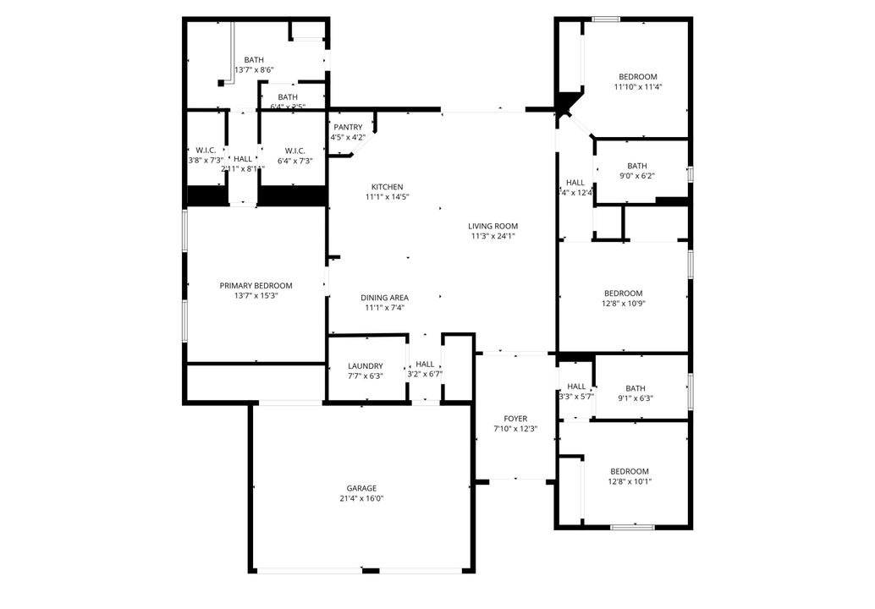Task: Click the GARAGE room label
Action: (x=361, y=488)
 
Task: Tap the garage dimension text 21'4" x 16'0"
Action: (x=361, y=499)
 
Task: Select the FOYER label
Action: (x=515, y=419)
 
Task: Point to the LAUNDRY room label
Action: (x=365, y=366)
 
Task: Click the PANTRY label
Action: (x=348, y=127)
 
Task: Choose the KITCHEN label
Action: (x=387, y=187)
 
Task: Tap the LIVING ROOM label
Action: (x=493, y=226)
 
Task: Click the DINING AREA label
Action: (x=385, y=298)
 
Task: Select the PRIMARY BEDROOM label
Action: (x=256, y=286)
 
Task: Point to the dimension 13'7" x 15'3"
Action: (x=256, y=296)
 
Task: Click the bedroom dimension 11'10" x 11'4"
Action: (x=637, y=86)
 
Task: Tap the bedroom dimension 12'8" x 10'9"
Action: (x=623, y=303)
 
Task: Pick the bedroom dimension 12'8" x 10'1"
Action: (x=630, y=481)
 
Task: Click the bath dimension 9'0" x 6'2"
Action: (x=637, y=176)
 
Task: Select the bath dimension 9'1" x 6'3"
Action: (x=636, y=398)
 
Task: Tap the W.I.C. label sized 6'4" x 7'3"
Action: (x=294, y=151)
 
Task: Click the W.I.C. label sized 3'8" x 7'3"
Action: (x=206, y=151)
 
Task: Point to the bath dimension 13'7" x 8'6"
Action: (x=254, y=70)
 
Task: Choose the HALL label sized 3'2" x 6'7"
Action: (x=425, y=364)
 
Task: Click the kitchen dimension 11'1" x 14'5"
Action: (x=387, y=197)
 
